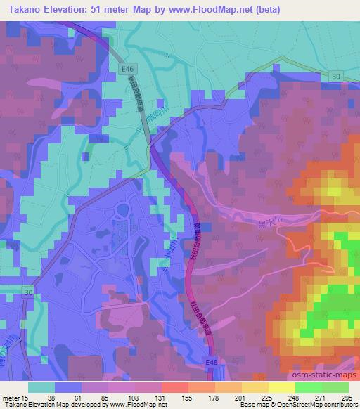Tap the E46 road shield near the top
(x=127, y=68)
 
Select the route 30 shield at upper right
(x=336, y=76)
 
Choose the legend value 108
(x=134, y=398)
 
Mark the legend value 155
(x=188, y=398)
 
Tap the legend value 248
(x=294, y=398)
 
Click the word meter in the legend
(x=11, y=398)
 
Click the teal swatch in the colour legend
(x=41, y=387)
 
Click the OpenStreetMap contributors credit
(x=321, y=405)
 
